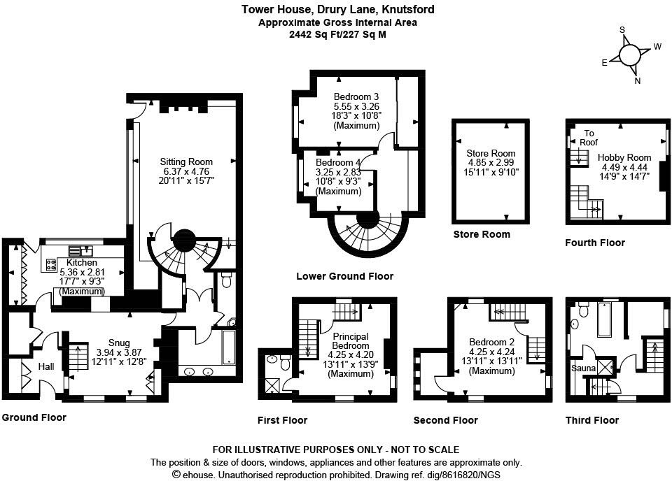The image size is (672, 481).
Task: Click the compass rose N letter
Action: (x=638, y=80)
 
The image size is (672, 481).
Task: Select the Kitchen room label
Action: (x=81, y=262)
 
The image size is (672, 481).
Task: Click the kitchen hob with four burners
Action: (x=51, y=264)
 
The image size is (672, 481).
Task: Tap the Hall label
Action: (x=46, y=366)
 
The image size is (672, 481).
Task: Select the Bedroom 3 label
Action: (x=356, y=96)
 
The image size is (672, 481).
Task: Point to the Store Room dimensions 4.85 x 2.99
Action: (x=491, y=163)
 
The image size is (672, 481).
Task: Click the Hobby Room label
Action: (x=624, y=157)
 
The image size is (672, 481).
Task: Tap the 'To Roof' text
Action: (x=589, y=138)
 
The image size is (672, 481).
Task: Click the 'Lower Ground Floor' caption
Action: (x=344, y=276)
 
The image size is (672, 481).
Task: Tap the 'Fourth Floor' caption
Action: (x=595, y=243)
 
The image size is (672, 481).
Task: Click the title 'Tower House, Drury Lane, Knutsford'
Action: (x=337, y=10)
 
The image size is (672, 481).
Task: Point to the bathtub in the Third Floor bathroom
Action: (x=606, y=320)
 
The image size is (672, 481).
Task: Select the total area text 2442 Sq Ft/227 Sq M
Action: (x=337, y=34)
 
